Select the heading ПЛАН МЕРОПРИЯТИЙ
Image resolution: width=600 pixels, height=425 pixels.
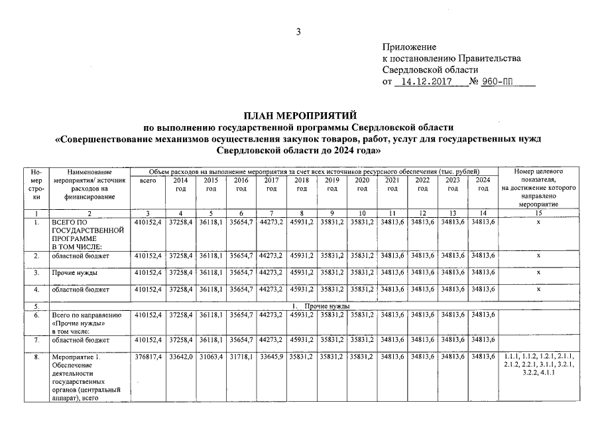coord(300,116)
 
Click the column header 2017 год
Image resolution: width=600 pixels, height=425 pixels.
coord(271,185)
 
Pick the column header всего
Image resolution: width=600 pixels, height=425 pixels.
coord(148,181)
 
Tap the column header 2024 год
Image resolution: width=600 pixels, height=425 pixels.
coord(483,185)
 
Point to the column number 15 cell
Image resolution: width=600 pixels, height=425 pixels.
coord(538,212)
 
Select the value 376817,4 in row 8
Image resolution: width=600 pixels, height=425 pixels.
coord(148,357)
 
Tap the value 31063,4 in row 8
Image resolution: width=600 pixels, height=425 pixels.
coord(211,357)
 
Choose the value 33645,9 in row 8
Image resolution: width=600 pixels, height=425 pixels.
coord(271,357)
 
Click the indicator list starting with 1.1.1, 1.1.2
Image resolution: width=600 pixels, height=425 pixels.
coord(538,365)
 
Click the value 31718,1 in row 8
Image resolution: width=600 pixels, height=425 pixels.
coord(241,357)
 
